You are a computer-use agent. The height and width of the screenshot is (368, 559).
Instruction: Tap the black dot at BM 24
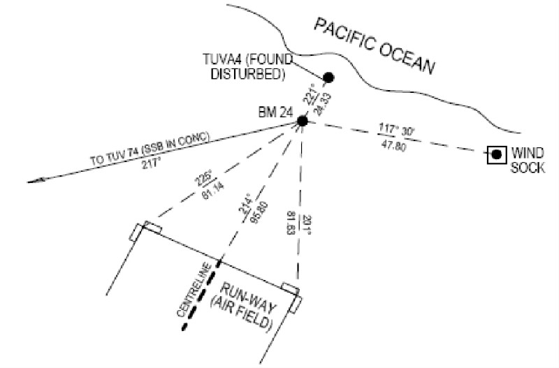(302, 122)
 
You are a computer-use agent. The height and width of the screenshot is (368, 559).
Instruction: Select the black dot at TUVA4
(327, 77)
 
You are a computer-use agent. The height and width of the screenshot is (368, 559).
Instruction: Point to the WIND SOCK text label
(528, 159)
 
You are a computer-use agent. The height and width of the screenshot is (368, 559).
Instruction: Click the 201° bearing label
(306, 224)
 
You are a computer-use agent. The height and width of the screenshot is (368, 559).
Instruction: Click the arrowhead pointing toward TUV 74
(35, 181)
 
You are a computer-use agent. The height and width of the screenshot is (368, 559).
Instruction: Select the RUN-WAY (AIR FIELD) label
(247, 307)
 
